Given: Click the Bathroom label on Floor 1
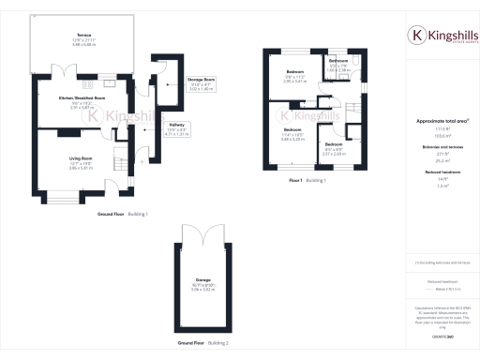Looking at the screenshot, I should (x=338, y=61).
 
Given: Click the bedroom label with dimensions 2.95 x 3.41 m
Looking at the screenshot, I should (x=294, y=72).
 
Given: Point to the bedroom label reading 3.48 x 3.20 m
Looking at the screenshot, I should (x=292, y=129).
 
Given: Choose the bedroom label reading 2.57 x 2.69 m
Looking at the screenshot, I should (x=335, y=144).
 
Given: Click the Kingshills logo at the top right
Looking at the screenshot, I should (x=442, y=36).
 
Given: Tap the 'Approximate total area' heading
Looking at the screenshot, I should (x=441, y=121).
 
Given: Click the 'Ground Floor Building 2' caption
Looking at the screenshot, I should (x=203, y=343).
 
